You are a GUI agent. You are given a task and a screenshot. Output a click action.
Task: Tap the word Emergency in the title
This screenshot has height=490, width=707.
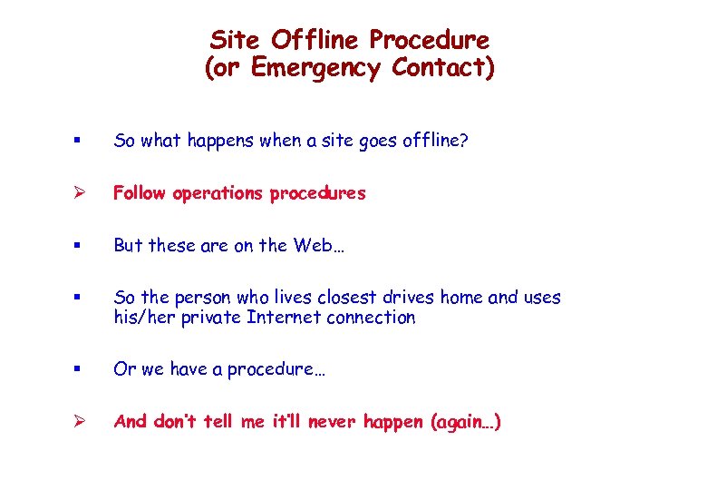[317, 68]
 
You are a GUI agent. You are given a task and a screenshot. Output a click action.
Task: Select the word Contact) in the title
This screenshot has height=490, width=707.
[444, 68]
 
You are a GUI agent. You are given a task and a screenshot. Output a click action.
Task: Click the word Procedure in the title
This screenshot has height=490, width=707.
[430, 40]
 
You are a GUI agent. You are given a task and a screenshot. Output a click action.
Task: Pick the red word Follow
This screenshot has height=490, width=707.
[140, 193]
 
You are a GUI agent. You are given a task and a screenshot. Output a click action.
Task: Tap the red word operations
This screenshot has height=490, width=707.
[218, 193]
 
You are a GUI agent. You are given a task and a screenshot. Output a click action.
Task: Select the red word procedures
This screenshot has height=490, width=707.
[318, 193]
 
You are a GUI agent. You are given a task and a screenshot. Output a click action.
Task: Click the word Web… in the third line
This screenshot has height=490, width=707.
[322, 245]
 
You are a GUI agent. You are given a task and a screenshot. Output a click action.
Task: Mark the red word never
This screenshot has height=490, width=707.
[327, 422]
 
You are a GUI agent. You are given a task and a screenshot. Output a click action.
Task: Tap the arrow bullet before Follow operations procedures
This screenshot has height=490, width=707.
[80, 193]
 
